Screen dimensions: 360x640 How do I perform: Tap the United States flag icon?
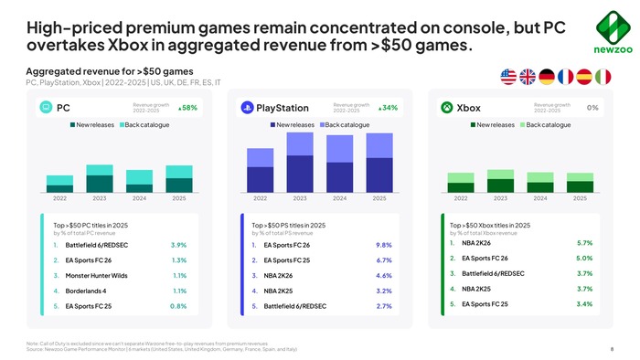[510, 75]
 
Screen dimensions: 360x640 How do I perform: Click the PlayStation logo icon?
[247, 108]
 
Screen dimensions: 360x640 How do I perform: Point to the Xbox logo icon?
[445, 108]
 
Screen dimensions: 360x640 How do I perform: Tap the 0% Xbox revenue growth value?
[592, 108]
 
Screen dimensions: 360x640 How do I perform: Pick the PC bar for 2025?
[179, 179]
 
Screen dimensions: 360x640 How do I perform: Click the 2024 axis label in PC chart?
[139, 198]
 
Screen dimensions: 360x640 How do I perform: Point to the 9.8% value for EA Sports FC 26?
[384, 245]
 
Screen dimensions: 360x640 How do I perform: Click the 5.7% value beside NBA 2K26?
[584, 243]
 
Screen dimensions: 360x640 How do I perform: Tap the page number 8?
[611, 349]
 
